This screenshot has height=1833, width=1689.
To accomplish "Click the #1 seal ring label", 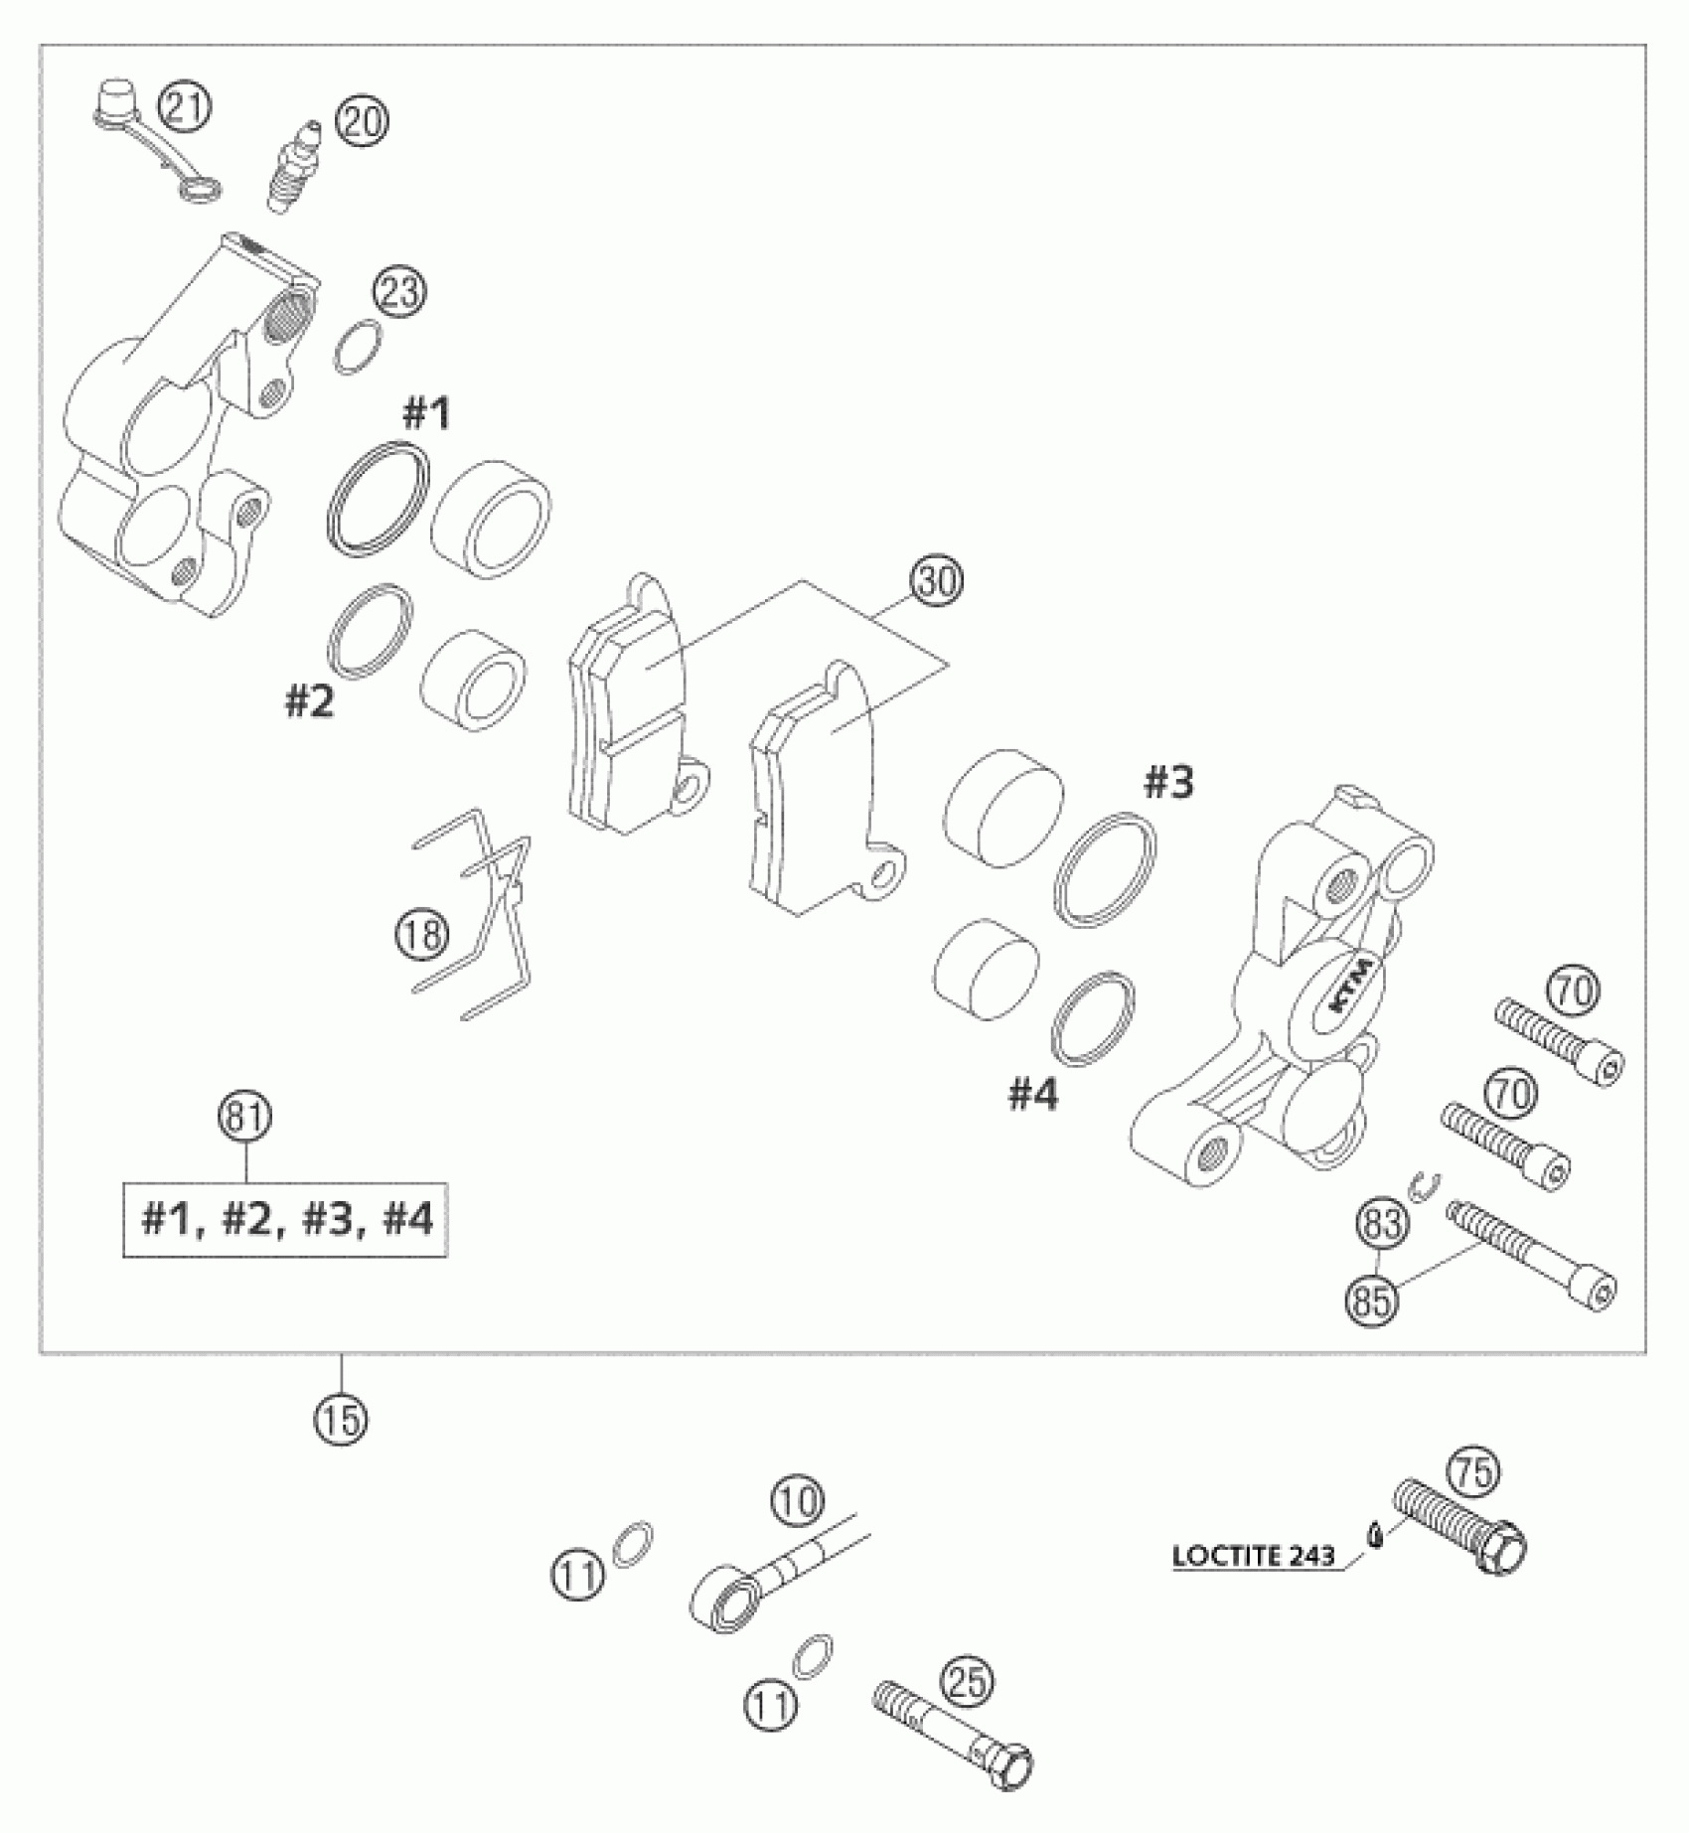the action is [425, 413].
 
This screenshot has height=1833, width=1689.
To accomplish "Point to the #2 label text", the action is [310, 702].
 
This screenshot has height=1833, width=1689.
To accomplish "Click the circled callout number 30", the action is [938, 582].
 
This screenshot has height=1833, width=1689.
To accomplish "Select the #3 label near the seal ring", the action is [1168, 784].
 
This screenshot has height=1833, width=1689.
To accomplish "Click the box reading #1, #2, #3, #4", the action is [285, 1219].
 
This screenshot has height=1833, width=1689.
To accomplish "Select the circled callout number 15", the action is [341, 1420].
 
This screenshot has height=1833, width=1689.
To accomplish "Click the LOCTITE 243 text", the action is [1253, 1556].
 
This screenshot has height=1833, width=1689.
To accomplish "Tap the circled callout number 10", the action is [797, 1501].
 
